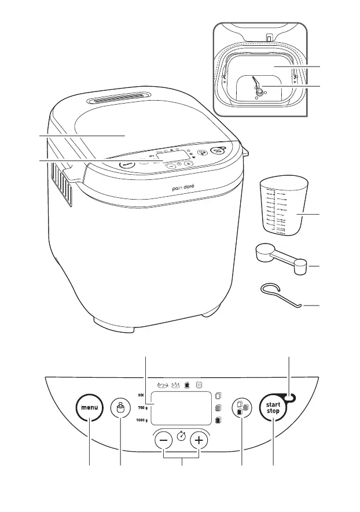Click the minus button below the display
[163, 440]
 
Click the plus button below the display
[200, 440]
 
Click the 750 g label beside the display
[143, 408]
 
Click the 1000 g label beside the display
[142, 420]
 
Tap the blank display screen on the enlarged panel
[180, 407]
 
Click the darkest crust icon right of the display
[218, 421]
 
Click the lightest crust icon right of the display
[218, 396]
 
